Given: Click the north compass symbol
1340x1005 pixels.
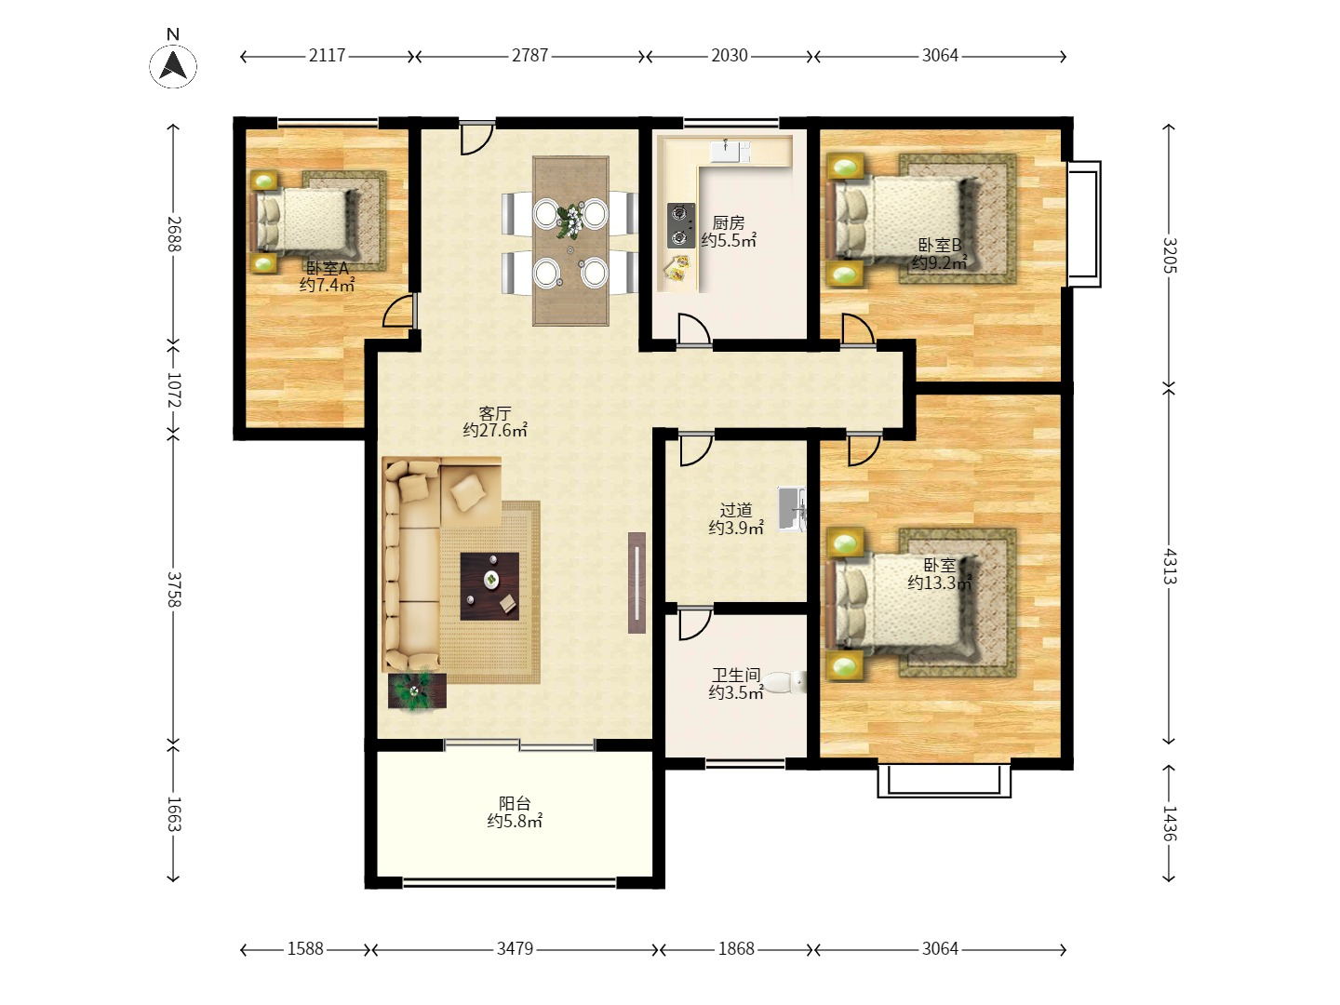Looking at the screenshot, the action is pyautogui.click(x=173, y=65).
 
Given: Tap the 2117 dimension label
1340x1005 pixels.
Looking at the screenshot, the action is pyautogui.click(x=328, y=56).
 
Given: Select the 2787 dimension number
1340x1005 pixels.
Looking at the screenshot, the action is pyautogui.click(x=529, y=56).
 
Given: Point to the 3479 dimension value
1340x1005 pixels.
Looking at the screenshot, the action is pyautogui.click(x=515, y=948).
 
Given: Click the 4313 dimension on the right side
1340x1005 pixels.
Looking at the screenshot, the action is pyautogui.click(x=1169, y=567).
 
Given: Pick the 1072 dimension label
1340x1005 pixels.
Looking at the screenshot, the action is pyautogui.click(x=174, y=390).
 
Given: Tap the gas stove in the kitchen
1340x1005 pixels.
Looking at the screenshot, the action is pyautogui.click(x=680, y=225).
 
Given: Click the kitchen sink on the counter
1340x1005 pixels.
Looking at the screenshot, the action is pyautogui.click(x=730, y=152).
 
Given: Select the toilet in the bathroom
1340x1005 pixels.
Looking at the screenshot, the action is pyautogui.click(x=784, y=682).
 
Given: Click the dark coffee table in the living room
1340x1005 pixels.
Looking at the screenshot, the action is pyautogui.click(x=489, y=586).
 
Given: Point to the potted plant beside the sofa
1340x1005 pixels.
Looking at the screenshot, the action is pyautogui.click(x=417, y=690).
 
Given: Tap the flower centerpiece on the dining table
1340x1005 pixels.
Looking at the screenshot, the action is pyautogui.click(x=570, y=221).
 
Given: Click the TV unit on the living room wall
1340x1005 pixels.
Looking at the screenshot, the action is pyautogui.click(x=636, y=583).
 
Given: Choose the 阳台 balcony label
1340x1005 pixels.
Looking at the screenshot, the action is pyautogui.click(x=515, y=803).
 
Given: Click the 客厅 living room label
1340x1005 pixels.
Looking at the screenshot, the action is pyautogui.click(x=494, y=413).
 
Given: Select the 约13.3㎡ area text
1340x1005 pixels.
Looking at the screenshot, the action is pyautogui.click(x=940, y=583).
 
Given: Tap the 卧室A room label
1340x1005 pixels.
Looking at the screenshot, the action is pyautogui.click(x=328, y=268).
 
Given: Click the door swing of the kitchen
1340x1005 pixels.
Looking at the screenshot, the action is pyautogui.click(x=694, y=330).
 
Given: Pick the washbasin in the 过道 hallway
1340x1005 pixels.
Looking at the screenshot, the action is pyautogui.click(x=792, y=508).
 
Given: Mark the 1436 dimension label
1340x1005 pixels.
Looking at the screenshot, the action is pyautogui.click(x=1169, y=824).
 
